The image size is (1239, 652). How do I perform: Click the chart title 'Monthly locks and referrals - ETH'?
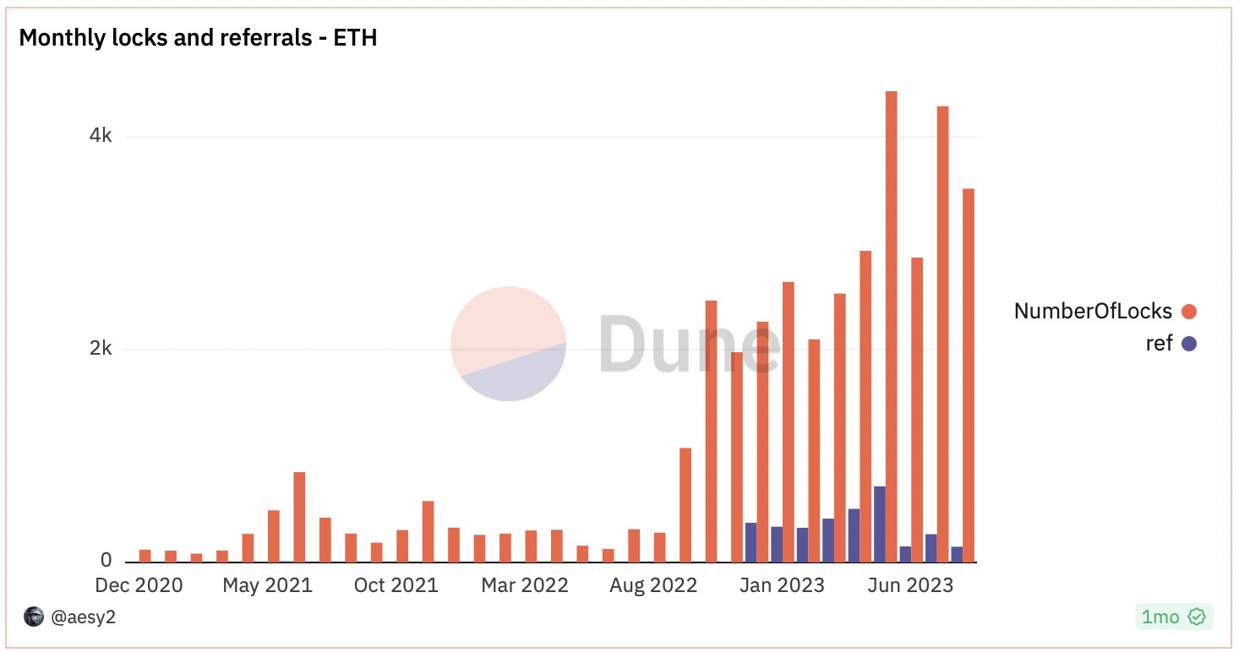tap(198, 37)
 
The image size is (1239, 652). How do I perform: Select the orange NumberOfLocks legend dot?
tap(1188, 312)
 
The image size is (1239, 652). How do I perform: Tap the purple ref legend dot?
tap(1188, 344)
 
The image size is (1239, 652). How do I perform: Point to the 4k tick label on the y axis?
tap(100, 135)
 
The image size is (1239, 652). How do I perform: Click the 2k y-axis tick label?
tap(100, 348)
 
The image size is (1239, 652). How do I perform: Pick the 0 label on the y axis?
tap(106, 560)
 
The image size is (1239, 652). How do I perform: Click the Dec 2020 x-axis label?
tap(139, 585)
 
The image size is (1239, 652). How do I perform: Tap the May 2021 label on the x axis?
tap(267, 585)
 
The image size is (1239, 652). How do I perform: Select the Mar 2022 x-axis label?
tap(524, 585)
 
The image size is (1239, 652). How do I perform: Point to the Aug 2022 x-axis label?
tap(653, 585)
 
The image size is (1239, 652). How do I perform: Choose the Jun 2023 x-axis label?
tap(910, 585)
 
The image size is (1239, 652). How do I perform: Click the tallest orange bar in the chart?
tap(891, 327)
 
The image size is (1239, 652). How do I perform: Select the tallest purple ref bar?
tap(880, 524)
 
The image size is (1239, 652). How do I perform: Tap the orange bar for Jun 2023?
tap(916, 410)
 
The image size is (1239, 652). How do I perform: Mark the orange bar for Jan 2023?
tap(789, 422)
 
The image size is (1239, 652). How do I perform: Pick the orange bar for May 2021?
tap(274, 536)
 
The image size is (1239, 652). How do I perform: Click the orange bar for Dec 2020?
tap(145, 556)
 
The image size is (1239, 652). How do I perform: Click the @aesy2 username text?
tap(84, 617)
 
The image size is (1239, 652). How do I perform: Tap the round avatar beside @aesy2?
tap(34, 617)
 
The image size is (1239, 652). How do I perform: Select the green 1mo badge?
tap(1174, 617)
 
